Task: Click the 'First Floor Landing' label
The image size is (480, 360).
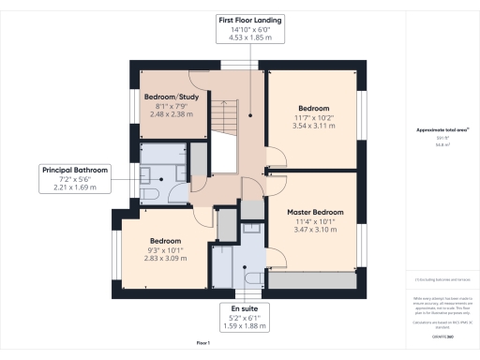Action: point(250,20)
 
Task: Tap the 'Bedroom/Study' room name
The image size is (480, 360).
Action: point(170,97)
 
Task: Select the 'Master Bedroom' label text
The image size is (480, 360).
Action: point(315,213)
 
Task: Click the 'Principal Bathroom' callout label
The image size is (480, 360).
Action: point(75,170)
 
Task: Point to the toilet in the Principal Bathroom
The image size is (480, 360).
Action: point(152,192)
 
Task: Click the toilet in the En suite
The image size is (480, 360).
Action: point(251,277)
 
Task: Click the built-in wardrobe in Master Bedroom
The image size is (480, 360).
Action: point(314,279)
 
